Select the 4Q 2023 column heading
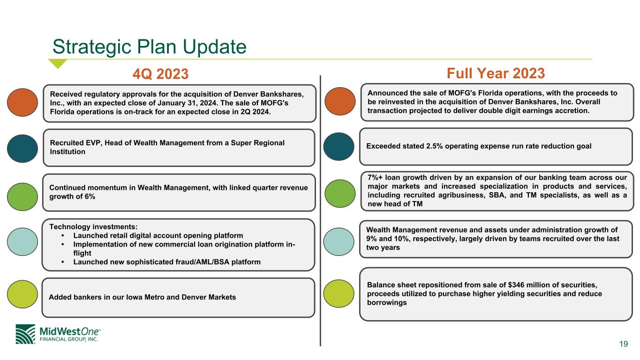pos(160,74)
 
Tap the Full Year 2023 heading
pos(496,73)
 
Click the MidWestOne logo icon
pos(25,334)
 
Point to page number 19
pos(624,344)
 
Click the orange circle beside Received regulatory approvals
pos(23,102)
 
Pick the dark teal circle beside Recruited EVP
pos(23,149)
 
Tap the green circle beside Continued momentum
pos(23,197)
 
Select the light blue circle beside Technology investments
pos(23,242)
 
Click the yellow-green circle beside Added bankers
pos(23,294)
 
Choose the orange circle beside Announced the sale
pos(340,101)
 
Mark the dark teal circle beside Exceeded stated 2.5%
pos(339,147)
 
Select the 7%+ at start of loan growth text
pos(375,178)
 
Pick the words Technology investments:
pos(93,227)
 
